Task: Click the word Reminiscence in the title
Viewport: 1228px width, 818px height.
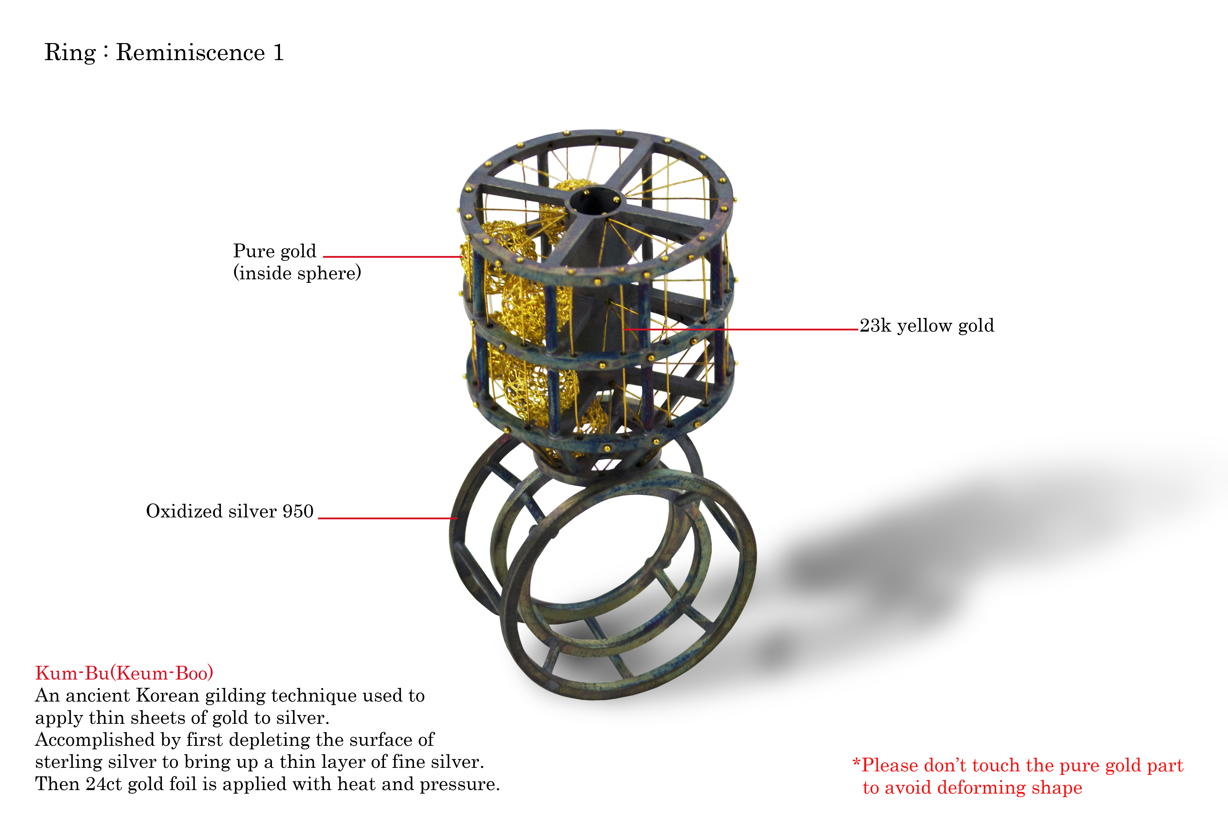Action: click(190, 53)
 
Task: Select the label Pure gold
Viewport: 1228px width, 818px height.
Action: click(275, 251)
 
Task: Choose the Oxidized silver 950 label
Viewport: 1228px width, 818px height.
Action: click(230, 511)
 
